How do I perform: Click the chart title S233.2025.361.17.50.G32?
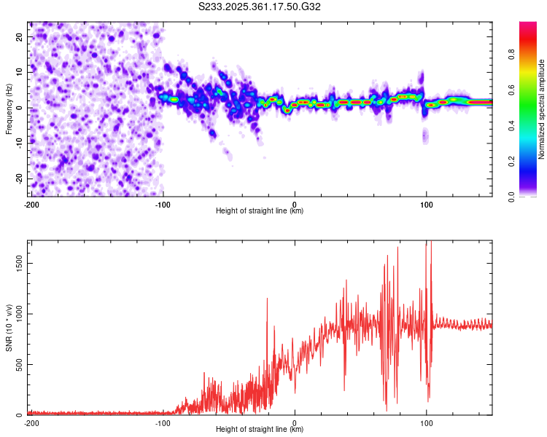(259, 7)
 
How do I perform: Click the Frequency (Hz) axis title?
(9, 109)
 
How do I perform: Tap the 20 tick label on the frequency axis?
(20, 37)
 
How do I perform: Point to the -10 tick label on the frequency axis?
(20, 143)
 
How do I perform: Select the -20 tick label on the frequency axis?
(20, 178)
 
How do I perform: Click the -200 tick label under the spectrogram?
(31, 205)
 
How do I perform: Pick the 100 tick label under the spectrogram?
(426, 205)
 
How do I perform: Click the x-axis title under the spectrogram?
(260, 210)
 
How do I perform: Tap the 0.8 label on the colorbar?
(511, 55)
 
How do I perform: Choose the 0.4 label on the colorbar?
(511, 126)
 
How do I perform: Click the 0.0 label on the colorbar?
(511, 197)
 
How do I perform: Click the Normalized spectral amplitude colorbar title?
(541, 109)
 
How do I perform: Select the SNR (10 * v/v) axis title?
(9, 328)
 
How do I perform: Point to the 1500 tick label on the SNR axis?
(20, 264)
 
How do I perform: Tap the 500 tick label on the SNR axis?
(20, 364)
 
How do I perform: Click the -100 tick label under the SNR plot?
(163, 423)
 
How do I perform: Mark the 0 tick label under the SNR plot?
(295, 423)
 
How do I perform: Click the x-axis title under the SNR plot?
(260, 429)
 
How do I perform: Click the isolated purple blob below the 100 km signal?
(425, 135)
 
